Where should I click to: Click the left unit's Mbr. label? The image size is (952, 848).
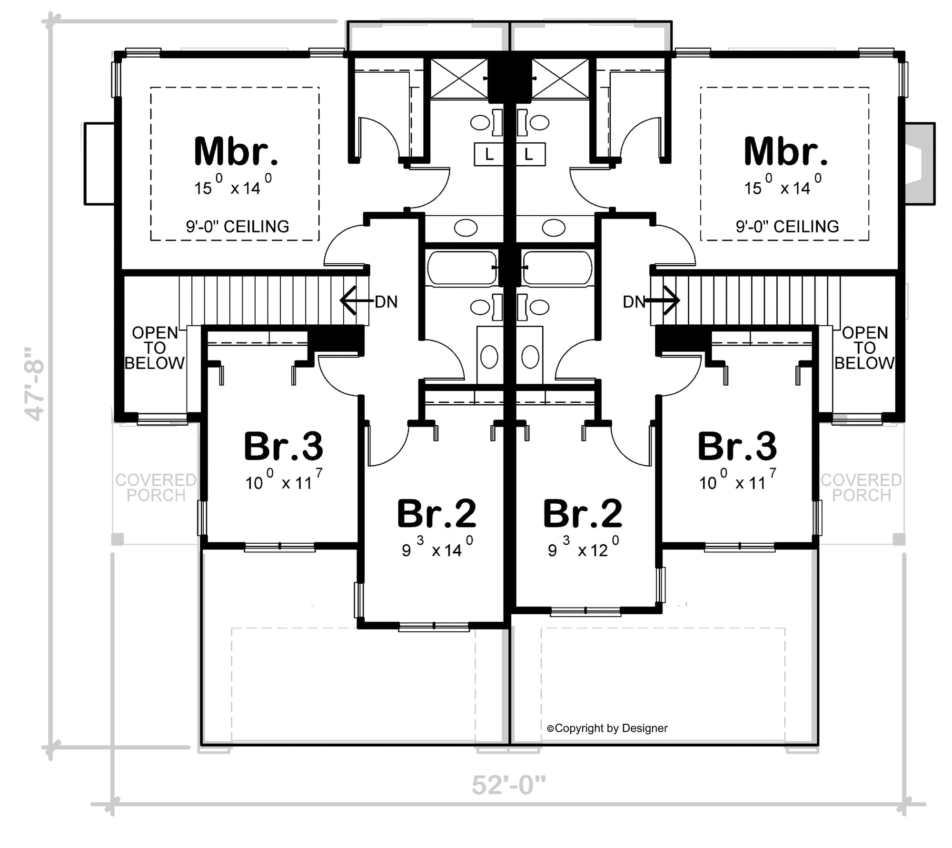pos(236,151)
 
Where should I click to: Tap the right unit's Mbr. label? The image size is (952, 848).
pos(785,151)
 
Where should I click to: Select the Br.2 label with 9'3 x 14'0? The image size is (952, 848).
pos(436,514)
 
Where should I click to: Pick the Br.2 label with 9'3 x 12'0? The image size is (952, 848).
pos(583,514)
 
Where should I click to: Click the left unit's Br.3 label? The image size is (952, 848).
pos(283,447)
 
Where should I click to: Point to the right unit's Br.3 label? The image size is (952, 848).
pos(737,447)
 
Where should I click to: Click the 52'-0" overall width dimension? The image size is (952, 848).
pos(508,785)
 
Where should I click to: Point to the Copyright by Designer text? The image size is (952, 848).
pos(607,728)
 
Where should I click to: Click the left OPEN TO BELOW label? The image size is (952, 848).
pos(155,348)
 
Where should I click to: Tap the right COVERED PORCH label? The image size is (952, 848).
pos(861,488)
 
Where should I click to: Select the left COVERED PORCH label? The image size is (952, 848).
pos(156,488)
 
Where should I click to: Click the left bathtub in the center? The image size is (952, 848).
pos(461,268)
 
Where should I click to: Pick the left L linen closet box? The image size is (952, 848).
pos(489,154)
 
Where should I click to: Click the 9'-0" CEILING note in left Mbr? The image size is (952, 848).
pos(237,226)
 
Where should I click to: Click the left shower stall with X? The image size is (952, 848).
pos(459,79)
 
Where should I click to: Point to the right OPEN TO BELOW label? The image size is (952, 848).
pos(864,348)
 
